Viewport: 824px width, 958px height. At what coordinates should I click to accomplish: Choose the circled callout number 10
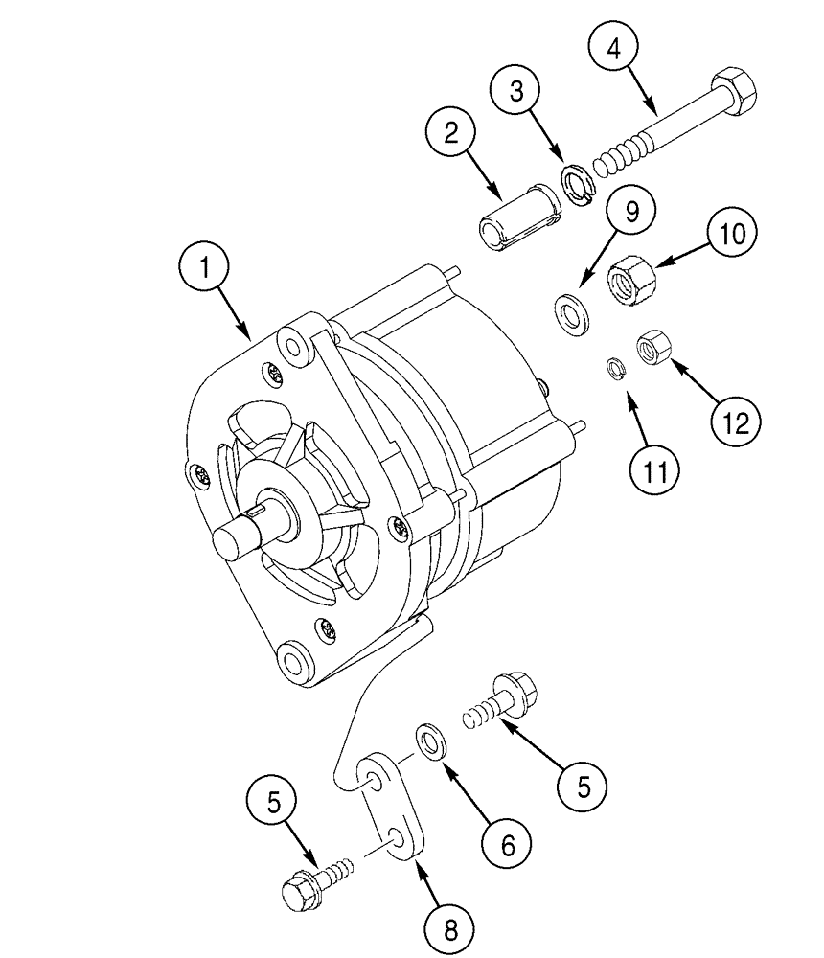731,235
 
